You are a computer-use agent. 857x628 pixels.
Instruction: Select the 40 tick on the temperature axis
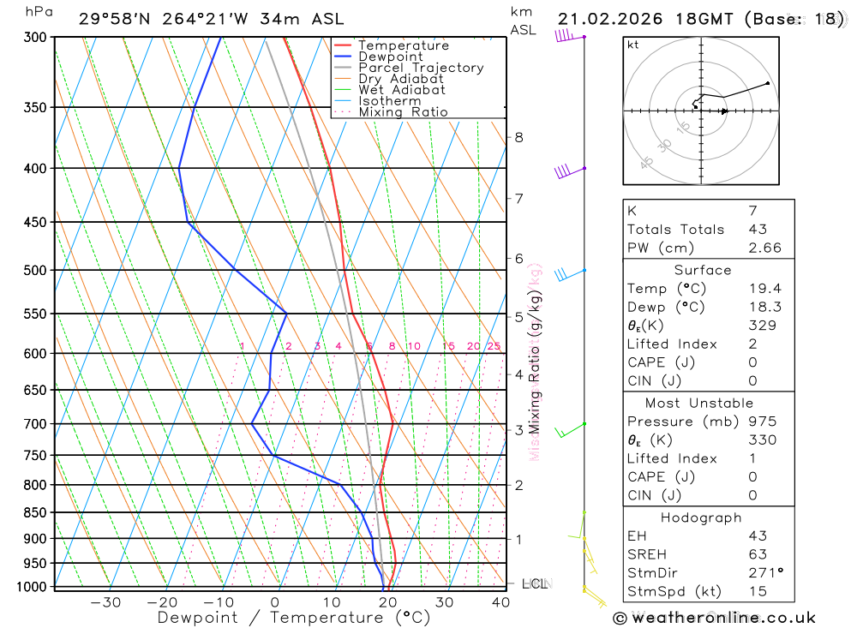500,601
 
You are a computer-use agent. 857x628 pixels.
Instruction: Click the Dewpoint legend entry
391,57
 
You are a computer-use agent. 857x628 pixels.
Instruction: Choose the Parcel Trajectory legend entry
421,68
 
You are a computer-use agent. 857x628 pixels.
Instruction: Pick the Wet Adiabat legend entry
401,90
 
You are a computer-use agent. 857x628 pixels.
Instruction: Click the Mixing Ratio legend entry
403,112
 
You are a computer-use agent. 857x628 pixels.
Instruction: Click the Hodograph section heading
702,517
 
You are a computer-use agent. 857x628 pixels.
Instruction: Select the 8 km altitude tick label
518,137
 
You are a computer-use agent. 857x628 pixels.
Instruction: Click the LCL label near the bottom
534,584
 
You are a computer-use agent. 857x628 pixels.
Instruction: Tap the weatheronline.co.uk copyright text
714,618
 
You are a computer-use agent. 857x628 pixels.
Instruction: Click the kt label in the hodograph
633,45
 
